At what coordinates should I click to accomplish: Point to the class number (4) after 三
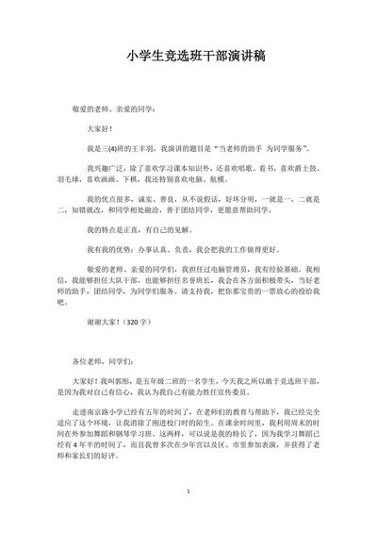pos(113,148)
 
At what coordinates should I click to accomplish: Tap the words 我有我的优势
pos(105,250)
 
